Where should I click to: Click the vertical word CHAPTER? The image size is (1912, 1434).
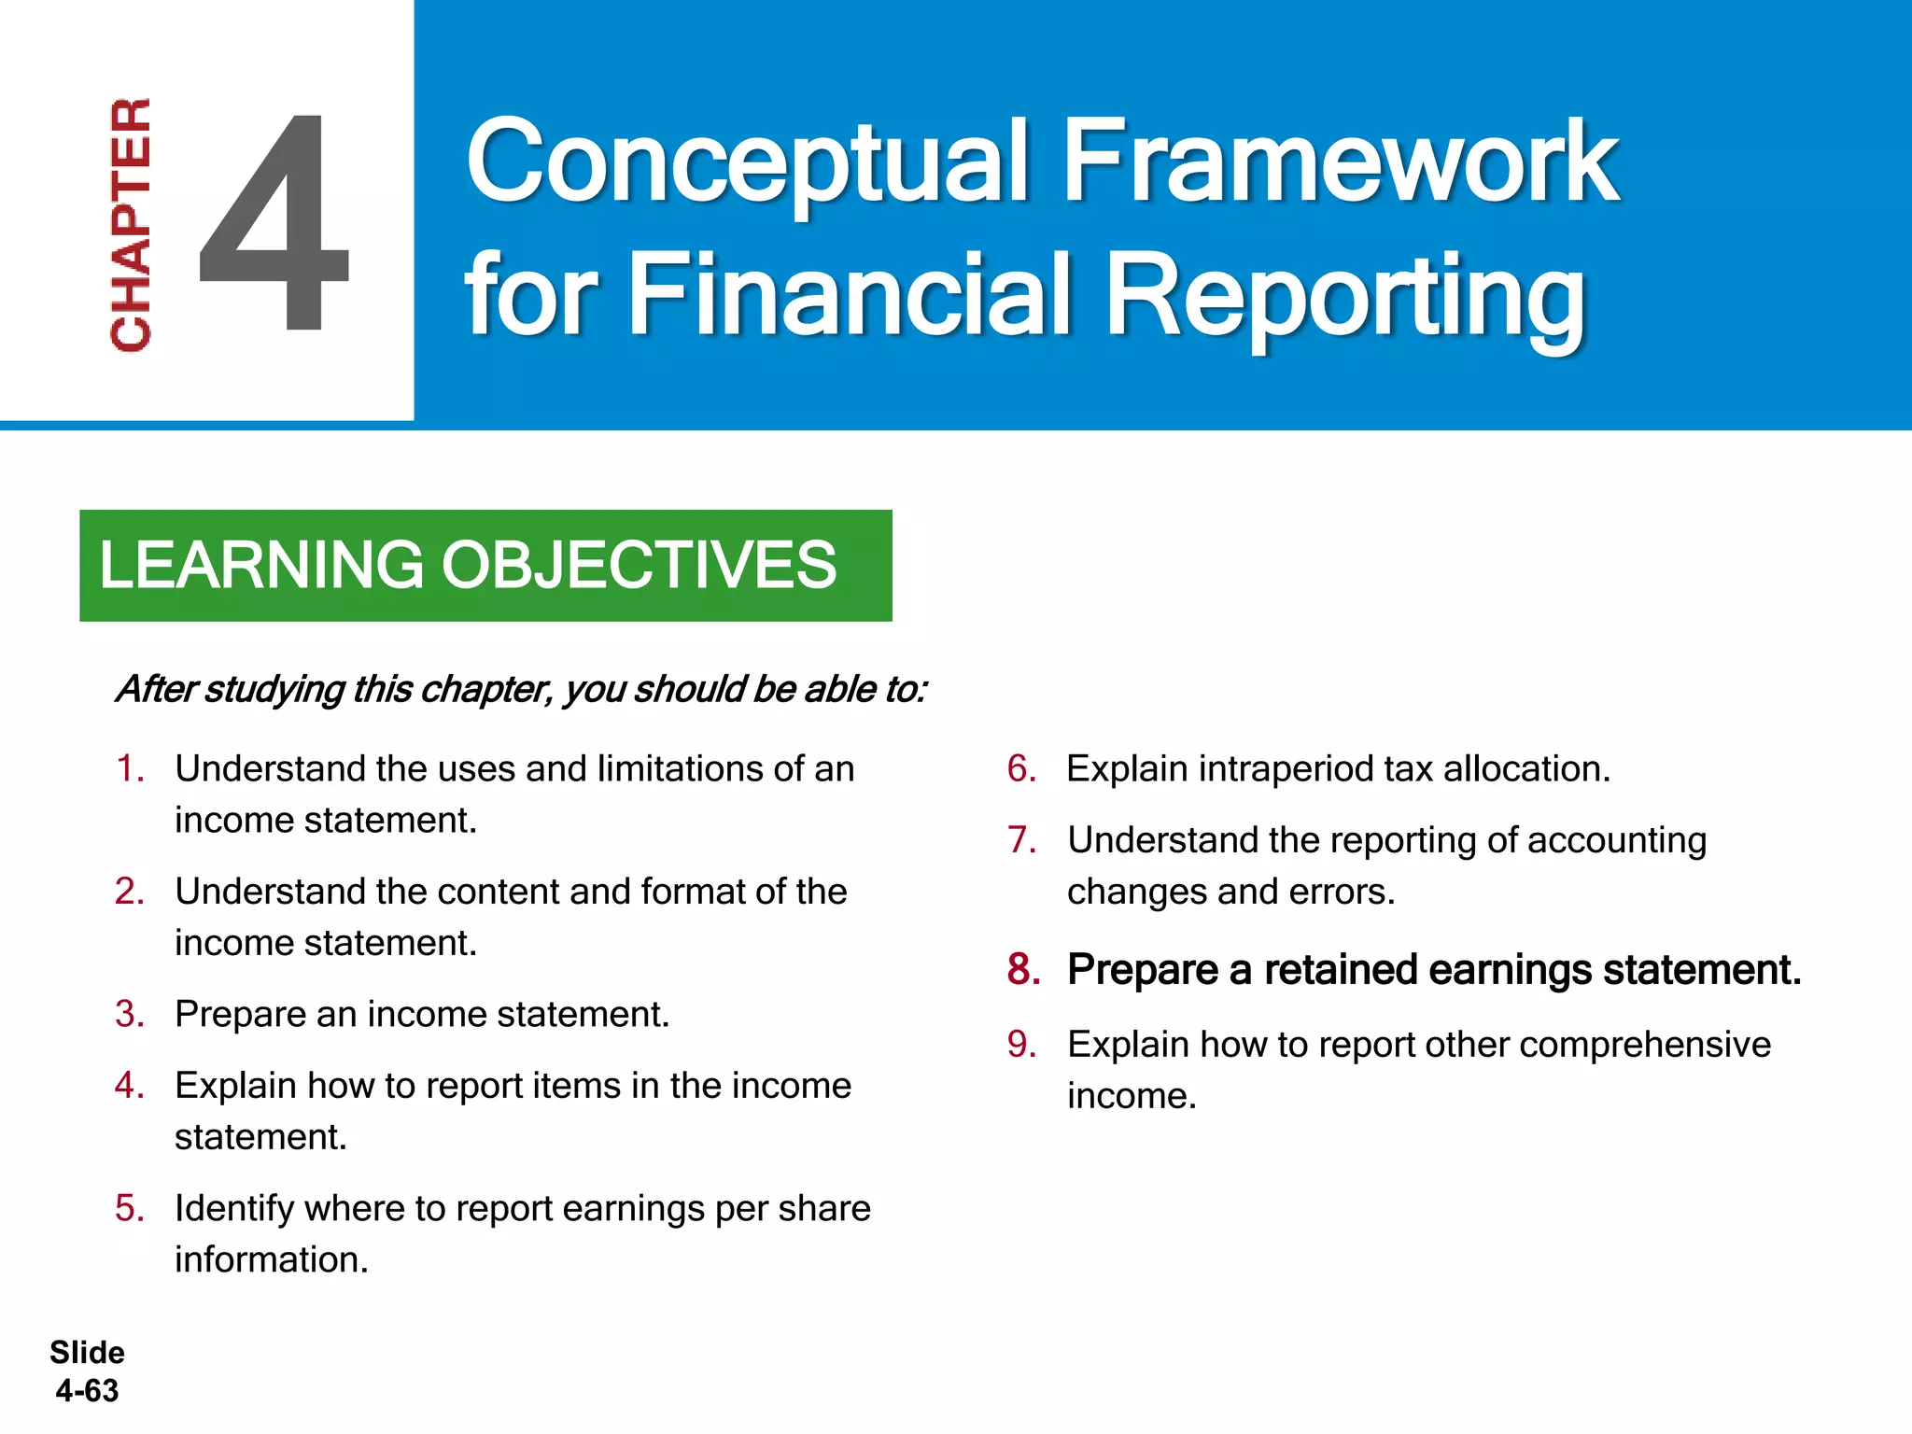pos(131,224)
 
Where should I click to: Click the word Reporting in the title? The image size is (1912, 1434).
pos(1344,297)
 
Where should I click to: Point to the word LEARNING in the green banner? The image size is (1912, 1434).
pos(261,566)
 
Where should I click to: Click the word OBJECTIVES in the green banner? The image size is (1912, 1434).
pos(639,566)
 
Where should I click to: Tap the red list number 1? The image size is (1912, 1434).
pos(130,768)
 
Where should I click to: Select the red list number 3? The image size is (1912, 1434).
pos(130,1014)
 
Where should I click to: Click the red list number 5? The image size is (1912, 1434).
pos(130,1208)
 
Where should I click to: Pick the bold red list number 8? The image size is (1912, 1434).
pos(1023,969)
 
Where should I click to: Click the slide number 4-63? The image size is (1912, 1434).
pos(87,1390)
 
